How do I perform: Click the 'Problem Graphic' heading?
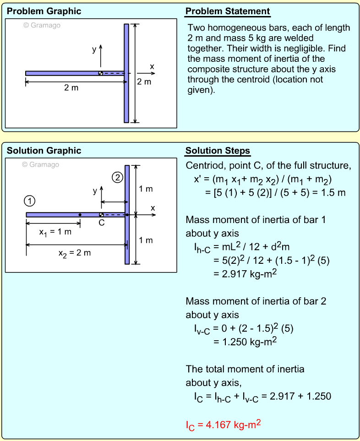[44, 11]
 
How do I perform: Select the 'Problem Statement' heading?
[228, 11]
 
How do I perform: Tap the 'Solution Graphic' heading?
[44, 151]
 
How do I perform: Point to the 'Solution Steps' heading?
[218, 151]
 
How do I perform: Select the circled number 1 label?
[30, 200]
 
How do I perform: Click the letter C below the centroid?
[102, 223]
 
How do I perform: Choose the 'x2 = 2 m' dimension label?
[75, 253]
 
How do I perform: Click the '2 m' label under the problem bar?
[71, 88]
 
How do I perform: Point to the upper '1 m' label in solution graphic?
[146, 189]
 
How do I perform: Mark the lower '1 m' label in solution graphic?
[146, 240]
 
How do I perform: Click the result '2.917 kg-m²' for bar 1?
[245, 274]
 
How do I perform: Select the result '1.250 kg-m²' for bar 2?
[245, 342]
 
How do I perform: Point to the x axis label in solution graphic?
[153, 208]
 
